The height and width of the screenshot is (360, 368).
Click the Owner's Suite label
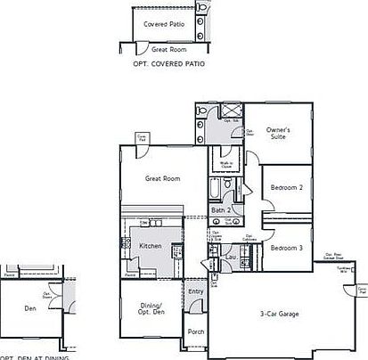click(280, 134)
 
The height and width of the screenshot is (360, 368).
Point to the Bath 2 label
click(221, 210)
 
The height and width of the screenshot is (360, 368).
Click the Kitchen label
click(151, 245)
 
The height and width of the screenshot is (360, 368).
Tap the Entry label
click(196, 290)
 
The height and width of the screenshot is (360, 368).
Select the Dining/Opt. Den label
click(150, 310)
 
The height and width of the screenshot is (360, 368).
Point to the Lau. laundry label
click(230, 258)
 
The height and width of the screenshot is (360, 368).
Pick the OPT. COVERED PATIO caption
click(162, 66)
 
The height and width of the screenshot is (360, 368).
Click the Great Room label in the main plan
click(163, 178)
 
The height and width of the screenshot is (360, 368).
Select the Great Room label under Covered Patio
click(168, 50)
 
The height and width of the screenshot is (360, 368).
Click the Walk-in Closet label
click(226, 166)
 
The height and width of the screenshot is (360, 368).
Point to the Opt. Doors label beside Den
click(47, 297)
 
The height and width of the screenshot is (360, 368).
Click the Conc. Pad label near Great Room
click(143, 137)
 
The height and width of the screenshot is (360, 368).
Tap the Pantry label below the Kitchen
click(131, 275)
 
